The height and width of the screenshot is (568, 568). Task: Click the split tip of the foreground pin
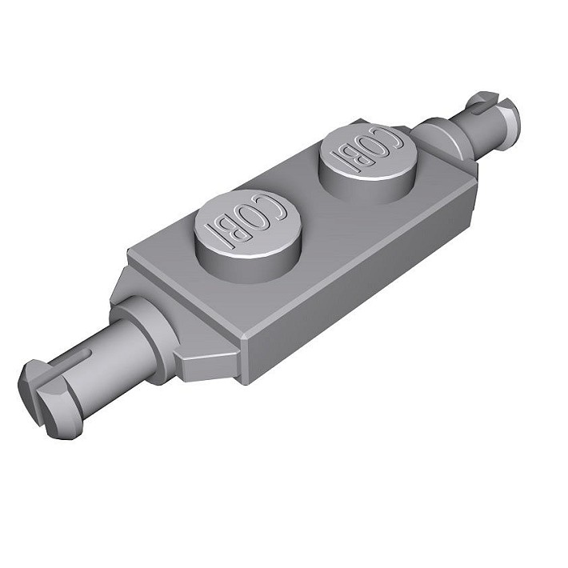47,398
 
